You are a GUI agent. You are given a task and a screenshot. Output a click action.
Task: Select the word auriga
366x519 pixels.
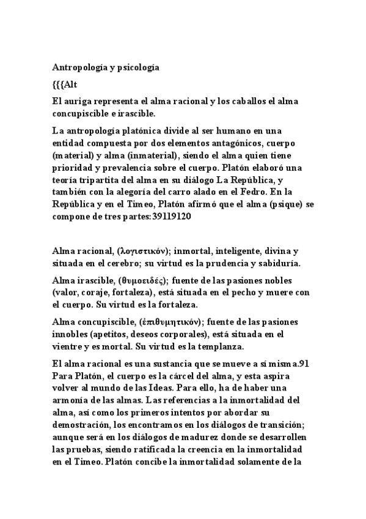click(78, 101)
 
